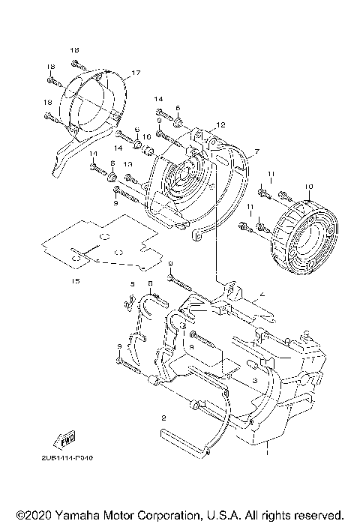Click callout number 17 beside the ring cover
[x=136, y=73]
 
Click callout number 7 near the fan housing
[x=256, y=151]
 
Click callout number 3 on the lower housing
[x=255, y=380]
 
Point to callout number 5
[x=133, y=284]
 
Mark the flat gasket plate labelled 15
[x=101, y=244]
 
